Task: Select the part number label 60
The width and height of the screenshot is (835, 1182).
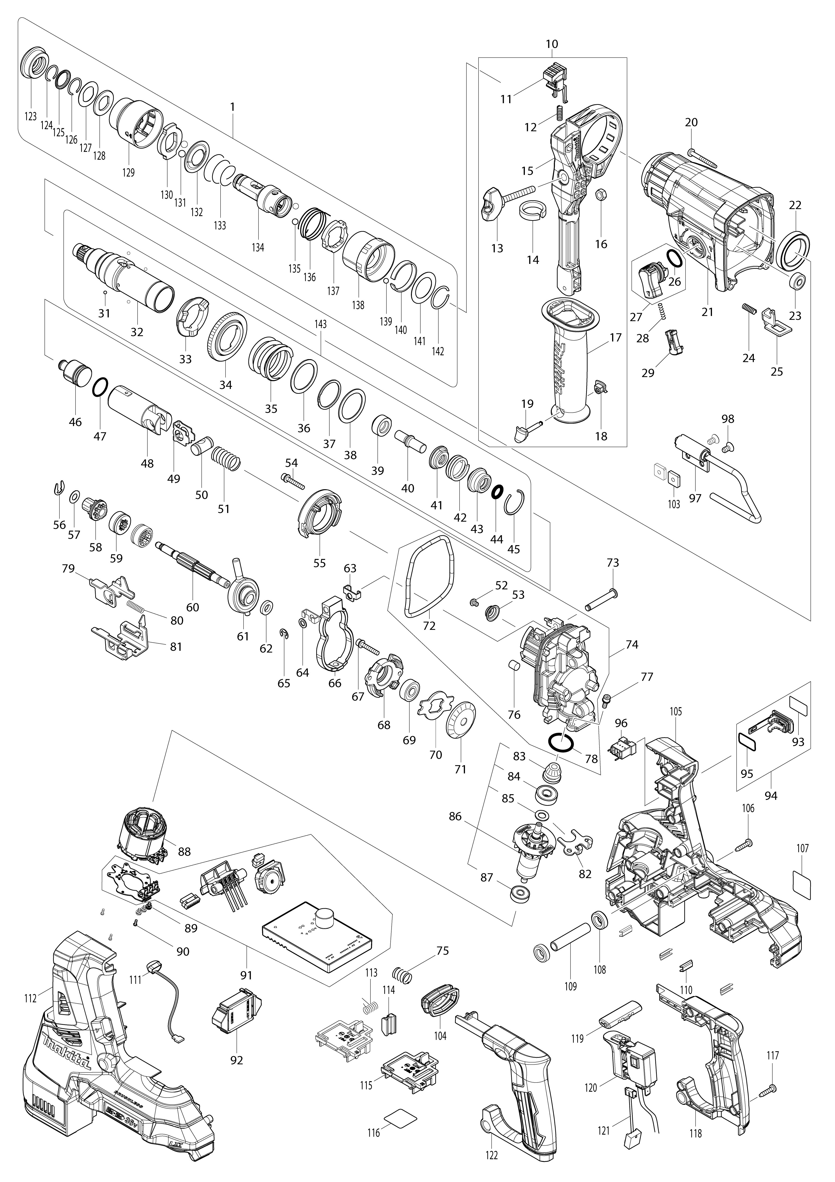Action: coord(192,607)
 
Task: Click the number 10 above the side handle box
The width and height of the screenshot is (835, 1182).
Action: coord(551,44)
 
